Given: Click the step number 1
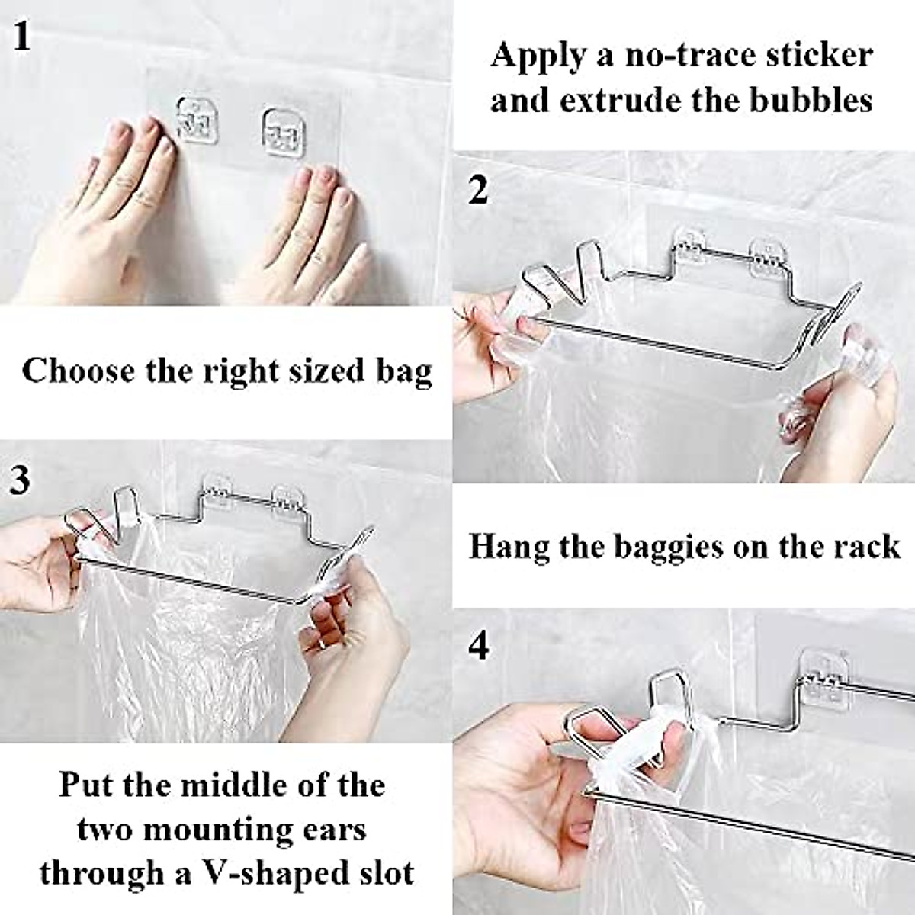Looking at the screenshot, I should [23, 36].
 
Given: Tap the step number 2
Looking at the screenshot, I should [478, 190].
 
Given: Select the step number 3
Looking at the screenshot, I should [21, 480].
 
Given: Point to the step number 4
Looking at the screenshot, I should [479, 647].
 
